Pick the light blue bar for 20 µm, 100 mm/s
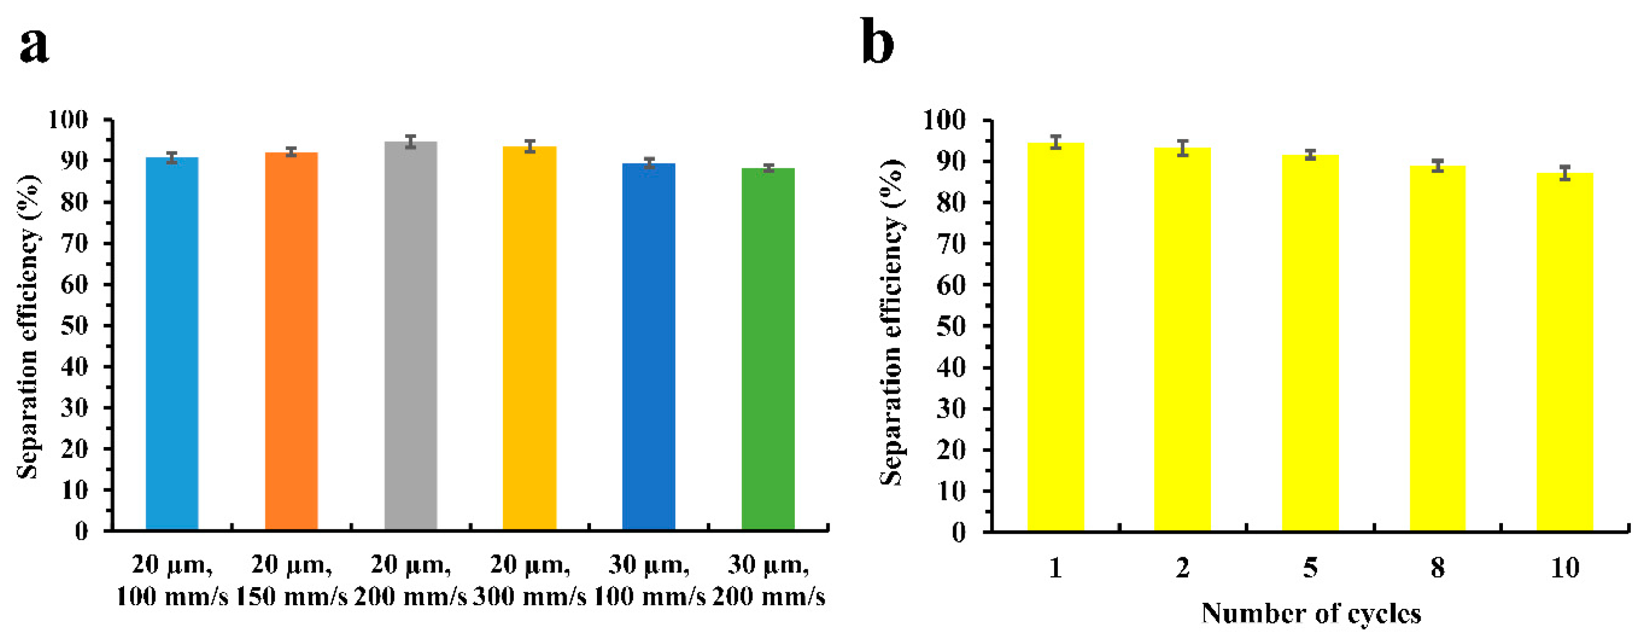pos(172,343)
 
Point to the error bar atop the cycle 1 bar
pos(1056,142)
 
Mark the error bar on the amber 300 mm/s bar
pos(529,146)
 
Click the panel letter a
pos(34,46)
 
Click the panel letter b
pos(878,42)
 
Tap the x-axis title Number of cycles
pos(1311,614)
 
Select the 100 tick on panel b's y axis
pos(943,119)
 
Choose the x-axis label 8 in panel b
pos(1438,567)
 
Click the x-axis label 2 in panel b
pos(1182,567)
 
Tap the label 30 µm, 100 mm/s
pos(649,580)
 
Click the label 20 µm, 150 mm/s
pos(291,580)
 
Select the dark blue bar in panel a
pos(649,346)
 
